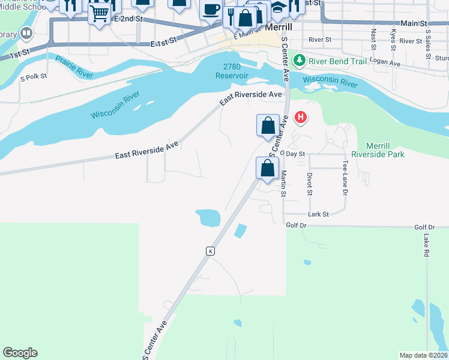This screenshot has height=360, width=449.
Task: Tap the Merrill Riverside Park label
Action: click(x=385, y=150)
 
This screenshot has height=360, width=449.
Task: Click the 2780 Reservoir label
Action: click(x=231, y=71)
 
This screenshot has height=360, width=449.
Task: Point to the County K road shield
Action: click(x=210, y=251)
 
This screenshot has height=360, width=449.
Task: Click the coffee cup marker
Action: click(x=211, y=10)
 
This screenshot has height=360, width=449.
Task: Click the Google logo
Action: click(x=20, y=353)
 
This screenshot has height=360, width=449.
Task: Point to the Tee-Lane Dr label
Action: click(x=345, y=178)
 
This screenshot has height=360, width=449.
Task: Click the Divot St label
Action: click(x=310, y=184)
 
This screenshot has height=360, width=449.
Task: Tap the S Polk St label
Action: click(x=34, y=77)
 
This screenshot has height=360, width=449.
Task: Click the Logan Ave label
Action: click(x=385, y=62)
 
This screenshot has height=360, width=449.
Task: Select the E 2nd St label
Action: click(x=128, y=19)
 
